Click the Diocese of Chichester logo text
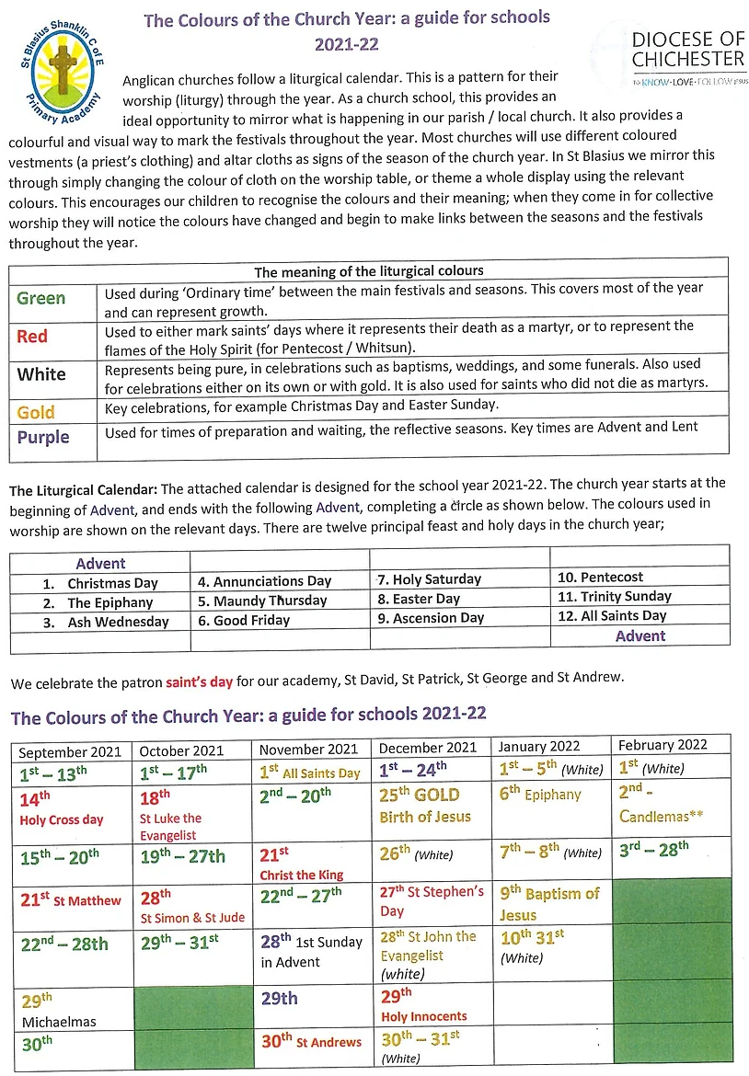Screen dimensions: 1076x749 687,50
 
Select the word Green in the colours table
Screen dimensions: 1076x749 41,298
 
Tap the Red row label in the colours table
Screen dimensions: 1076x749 32,337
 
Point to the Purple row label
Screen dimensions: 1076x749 43,437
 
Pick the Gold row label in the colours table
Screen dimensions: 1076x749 37,412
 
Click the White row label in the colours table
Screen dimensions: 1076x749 41,374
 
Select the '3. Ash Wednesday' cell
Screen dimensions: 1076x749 106,622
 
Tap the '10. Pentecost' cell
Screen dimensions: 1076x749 600,577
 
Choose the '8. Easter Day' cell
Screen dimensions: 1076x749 419,599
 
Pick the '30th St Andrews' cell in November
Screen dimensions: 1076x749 311,1042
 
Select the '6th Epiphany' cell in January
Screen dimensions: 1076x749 541,795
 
